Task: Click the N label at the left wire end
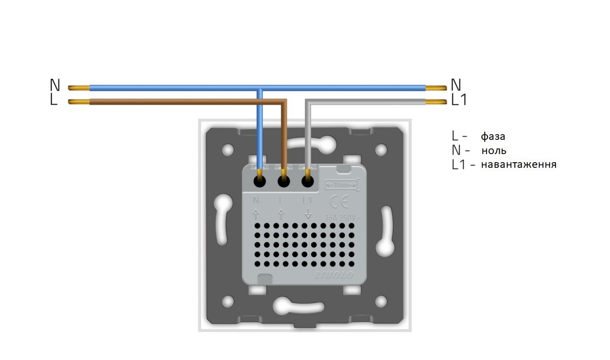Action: [x=55, y=85]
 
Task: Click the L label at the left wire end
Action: [x=54, y=100]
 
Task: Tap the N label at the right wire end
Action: [x=456, y=85]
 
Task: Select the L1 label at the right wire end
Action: [x=459, y=100]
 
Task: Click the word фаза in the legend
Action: [x=493, y=136]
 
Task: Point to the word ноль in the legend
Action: [x=494, y=151]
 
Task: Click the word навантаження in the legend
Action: [x=518, y=165]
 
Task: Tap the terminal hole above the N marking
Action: [x=260, y=181]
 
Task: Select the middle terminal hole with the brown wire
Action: [x=284, y=181]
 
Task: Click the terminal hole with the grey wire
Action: [x=307, y=181]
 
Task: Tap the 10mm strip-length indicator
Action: [x=342, y=184]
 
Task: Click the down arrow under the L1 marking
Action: [x=308, y=213]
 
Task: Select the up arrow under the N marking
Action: [x=256, y=213]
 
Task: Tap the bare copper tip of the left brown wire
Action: [x=78, y=102]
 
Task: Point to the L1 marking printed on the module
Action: [x=308, y=200]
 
